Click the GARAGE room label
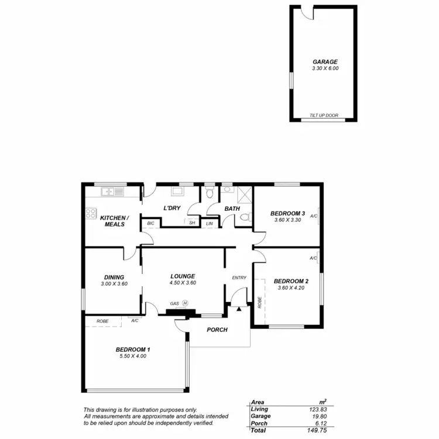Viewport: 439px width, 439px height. [325, 61]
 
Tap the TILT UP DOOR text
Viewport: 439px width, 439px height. [324, 116]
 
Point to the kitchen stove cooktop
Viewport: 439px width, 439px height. [91, 214]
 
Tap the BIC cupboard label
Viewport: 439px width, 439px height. [150, 223]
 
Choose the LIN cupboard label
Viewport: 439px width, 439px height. [210, 223]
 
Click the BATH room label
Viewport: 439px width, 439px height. [232, 208]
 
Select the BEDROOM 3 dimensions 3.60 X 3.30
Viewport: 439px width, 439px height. [287, 220]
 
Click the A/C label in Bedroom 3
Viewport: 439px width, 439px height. [314, 217]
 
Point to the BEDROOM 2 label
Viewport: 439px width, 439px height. [291, 280]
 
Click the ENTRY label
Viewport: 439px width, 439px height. [239, 278]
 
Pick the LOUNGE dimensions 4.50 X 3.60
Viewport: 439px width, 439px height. [183, 283]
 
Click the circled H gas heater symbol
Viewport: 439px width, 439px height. [185, 303]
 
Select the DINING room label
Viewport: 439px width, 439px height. [114, 277]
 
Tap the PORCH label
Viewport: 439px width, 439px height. [217, 330]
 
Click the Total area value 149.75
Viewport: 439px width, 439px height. [316, 429]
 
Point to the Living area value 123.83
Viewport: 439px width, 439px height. [316, 409]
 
